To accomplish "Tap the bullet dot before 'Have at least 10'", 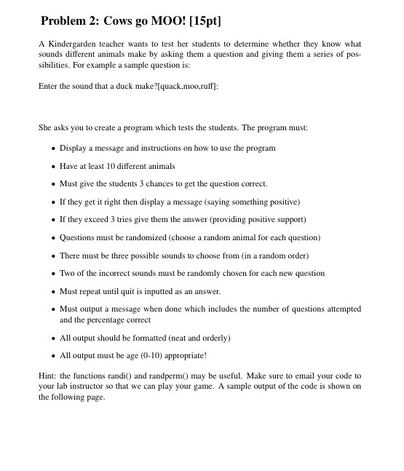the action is tap(53, 167).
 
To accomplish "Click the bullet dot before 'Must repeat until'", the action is tap(53, 292).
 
